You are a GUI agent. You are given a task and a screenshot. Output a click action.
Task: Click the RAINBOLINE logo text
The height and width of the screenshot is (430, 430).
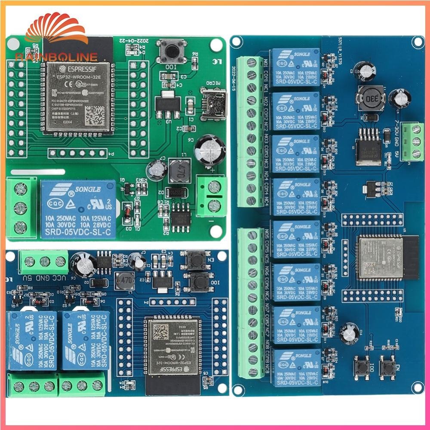pos(56,57)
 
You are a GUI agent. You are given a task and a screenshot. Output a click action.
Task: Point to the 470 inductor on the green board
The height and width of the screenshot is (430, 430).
pos(178,169)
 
